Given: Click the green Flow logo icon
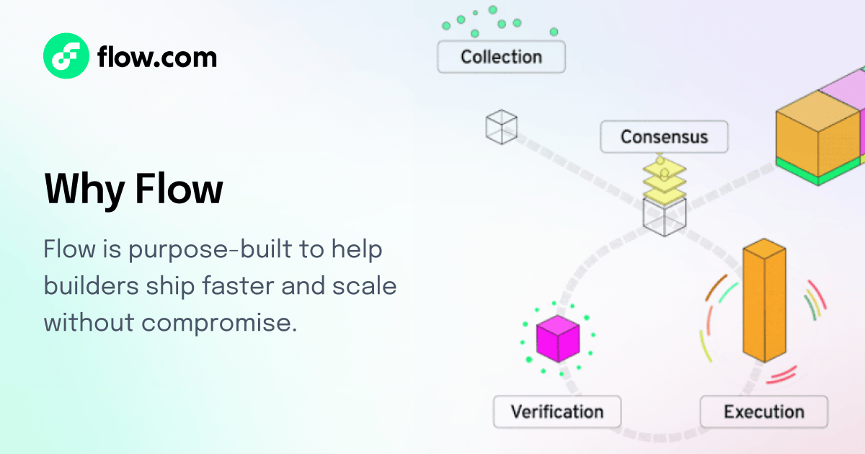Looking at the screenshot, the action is tap(66, 55).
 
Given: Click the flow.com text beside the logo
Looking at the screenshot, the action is tap(156, 56).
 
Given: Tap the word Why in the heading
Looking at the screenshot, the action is tap(84, 189).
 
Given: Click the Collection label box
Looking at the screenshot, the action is tap(501, 57).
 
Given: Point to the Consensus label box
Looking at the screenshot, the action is tap(664, 136).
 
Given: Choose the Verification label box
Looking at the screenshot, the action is tap(556, 412).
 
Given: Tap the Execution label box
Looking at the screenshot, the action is tap(763, 412).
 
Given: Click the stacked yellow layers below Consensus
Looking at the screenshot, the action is tap(664, 180).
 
